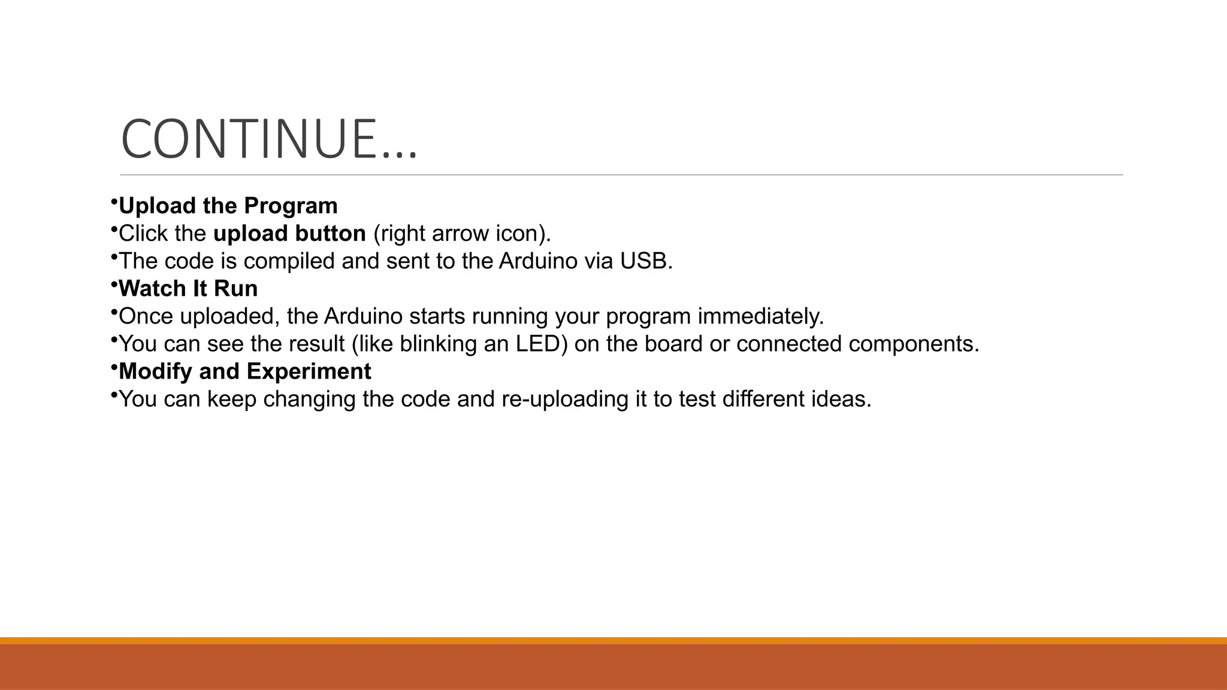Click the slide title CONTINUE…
pos(268,139)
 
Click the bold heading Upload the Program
pos(228,206)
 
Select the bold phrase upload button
pos(289,234)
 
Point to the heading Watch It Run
pos(188,289)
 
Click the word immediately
pos(761,316)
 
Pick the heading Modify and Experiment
pos(245,371)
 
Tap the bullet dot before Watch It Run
pos(113,285)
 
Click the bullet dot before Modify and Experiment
pos(113,368)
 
